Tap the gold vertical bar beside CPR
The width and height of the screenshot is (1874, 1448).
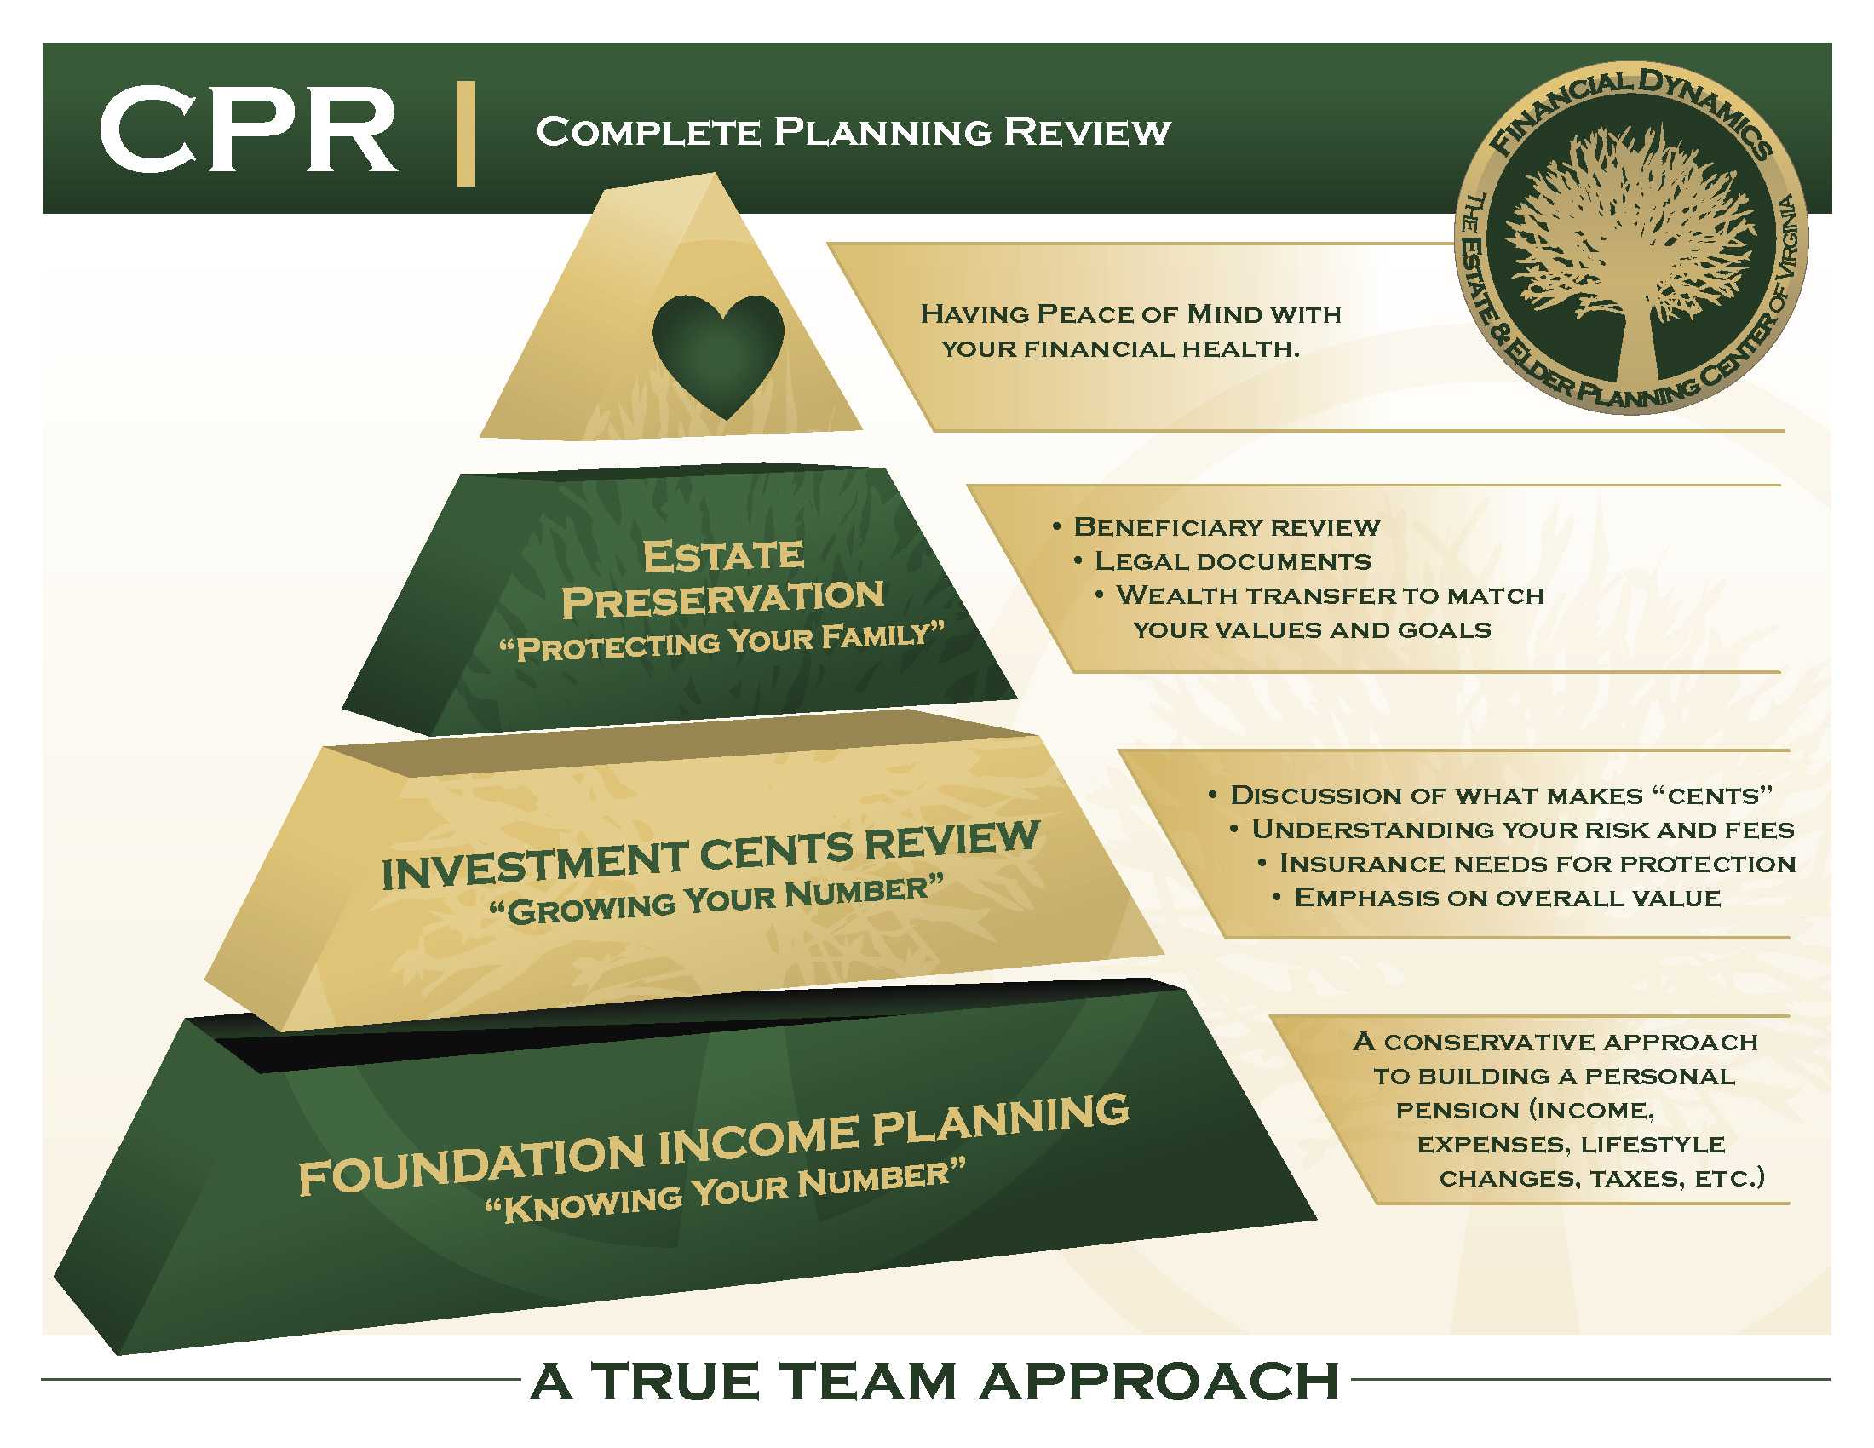pos(465,133)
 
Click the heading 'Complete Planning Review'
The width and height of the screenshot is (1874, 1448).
pos(853,132)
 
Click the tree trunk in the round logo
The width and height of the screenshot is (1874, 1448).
pos(1636,343)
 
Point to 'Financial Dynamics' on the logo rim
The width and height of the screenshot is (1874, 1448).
pos(1630,107)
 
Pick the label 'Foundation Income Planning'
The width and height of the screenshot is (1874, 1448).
pos(713,1145)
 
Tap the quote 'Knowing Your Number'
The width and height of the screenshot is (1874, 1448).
pos(725,1192)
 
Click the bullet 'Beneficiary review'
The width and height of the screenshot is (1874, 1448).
pos(1225,526)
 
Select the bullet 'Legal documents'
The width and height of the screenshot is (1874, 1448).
pos(1233,561)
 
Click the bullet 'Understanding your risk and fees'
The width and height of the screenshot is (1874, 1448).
pos(1522,830)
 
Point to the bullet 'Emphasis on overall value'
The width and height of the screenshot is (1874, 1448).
pos(1507,898)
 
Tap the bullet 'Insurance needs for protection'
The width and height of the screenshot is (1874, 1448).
pos(1537,864)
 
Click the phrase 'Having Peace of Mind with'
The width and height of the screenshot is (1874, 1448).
pos(1130,314)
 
